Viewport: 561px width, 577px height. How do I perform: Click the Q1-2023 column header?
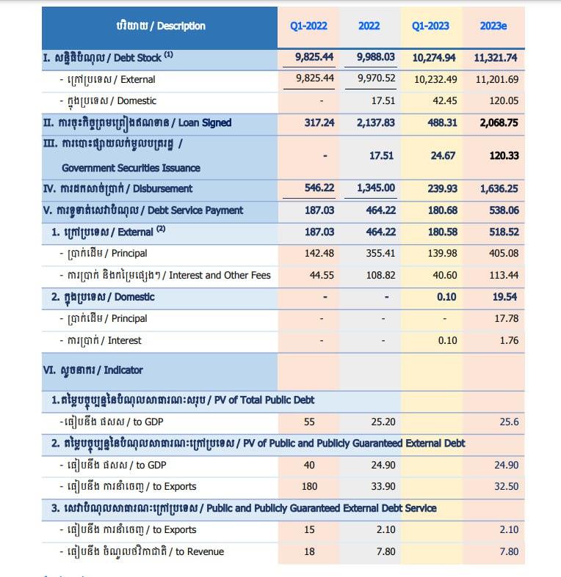click(430, 26)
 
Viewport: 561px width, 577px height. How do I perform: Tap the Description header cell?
click(160, 26)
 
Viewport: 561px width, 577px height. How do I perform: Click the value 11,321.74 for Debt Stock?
click(496, 57)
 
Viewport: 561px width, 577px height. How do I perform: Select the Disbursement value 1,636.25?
click(496, 189)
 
